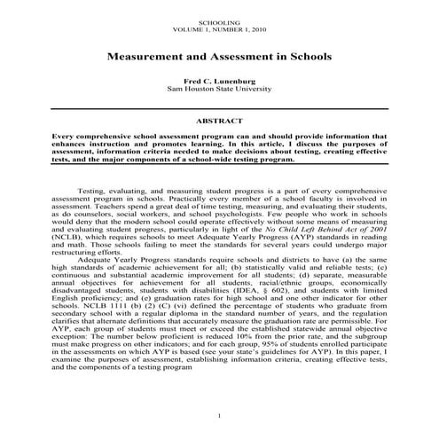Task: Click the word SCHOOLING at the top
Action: (x=219, y=20)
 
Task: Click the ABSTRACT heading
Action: (x=219, y=118)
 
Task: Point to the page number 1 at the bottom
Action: (x=219, y=416)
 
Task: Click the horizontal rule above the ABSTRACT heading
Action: (x=219, y=107)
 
